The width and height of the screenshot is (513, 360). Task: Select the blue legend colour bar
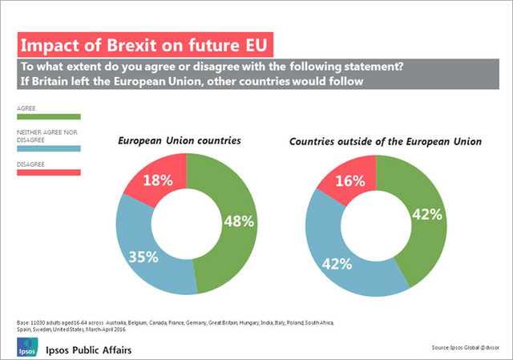click(x=48, y=148)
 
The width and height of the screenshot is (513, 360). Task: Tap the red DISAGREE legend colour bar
click(x=48, y=171)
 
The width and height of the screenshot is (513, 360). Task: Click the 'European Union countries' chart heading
click(x=180, y=141)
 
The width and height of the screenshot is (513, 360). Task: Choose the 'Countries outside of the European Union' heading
click(x=385, y=141)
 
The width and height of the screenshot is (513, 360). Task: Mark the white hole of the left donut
click(x=186, y=224)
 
